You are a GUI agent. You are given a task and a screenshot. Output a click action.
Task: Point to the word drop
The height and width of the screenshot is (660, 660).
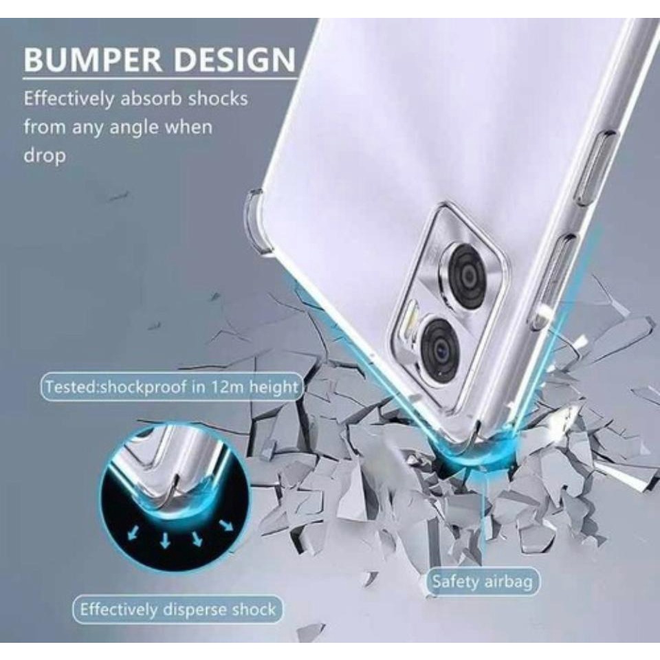point(45,156)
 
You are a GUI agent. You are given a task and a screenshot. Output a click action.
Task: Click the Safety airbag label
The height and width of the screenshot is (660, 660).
point(482,582)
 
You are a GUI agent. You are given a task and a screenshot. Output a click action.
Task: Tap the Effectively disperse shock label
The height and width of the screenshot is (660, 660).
point(177,609)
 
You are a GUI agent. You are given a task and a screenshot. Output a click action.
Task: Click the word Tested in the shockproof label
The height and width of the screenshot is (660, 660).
point(71,386)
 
